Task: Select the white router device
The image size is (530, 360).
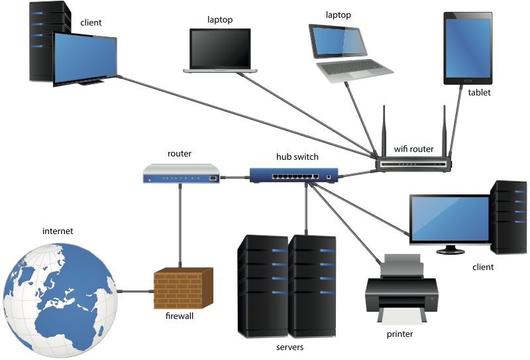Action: (181, 174)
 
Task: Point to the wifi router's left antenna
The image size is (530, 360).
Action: (384, 129)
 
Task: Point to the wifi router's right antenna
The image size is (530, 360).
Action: (444, 129)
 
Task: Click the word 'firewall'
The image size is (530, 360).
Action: (180, 317)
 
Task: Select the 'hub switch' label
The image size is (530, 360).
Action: (297, 157)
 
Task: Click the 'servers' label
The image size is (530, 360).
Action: (289, 347)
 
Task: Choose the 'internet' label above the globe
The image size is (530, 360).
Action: (58, 231)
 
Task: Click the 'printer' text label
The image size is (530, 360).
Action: (399, 334)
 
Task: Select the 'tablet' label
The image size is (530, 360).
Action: (479, 93)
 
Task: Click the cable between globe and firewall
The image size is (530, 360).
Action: (135, 290)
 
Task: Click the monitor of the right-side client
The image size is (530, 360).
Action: (449, 219)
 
